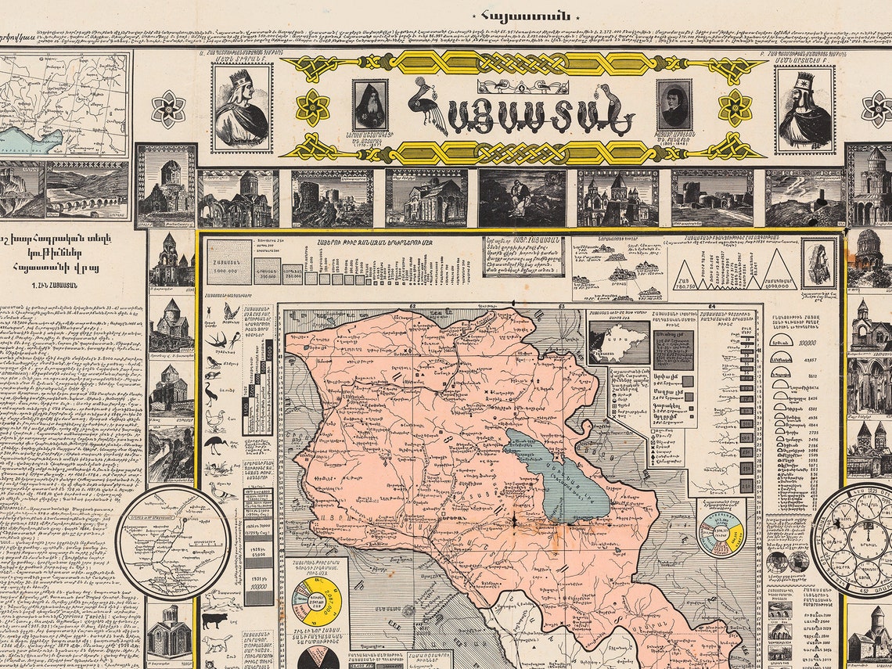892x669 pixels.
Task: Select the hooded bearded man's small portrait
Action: (x=370, y=104)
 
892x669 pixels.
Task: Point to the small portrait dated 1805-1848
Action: (x=674, y=104)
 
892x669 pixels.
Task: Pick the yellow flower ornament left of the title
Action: (x=312, y=107)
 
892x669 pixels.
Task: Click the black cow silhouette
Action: (x=214, y=620)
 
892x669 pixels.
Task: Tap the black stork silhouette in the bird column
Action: (x=214, y=447)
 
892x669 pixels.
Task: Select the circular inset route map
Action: (x=173, y=541)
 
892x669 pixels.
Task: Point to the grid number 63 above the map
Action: (x=561, y=307)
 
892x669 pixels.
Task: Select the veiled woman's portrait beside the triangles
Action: (x=818, y=263)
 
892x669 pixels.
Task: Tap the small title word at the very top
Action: (x=523, y=15)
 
